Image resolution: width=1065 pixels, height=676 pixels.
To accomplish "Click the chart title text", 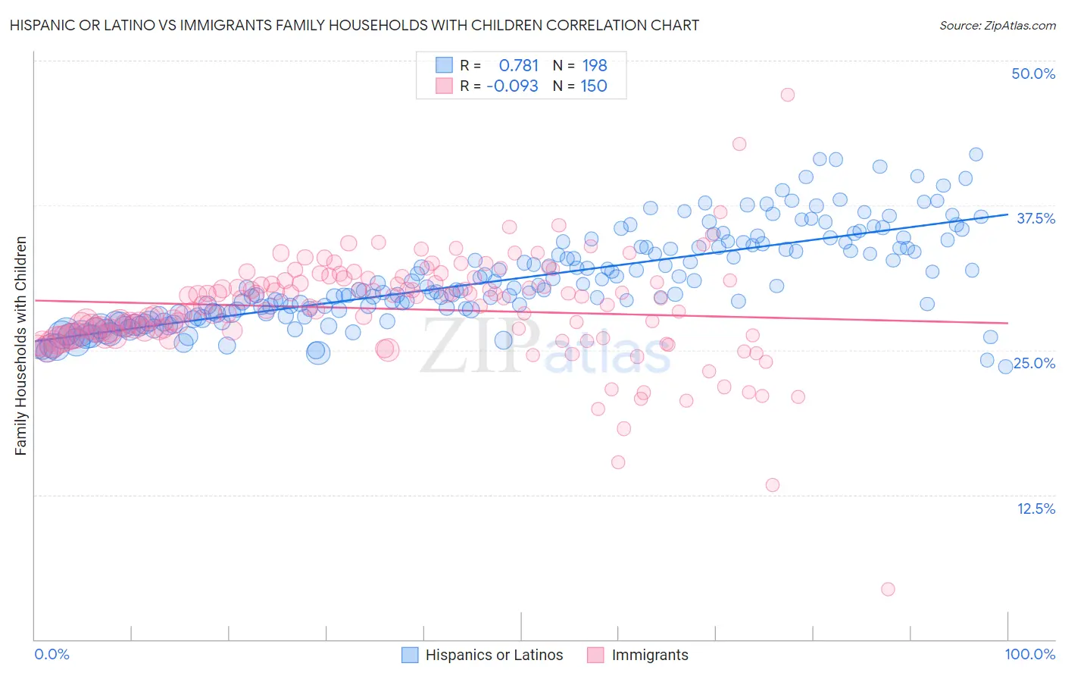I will coord(354,25).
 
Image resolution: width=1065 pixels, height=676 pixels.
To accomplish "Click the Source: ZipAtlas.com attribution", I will coord(997,25).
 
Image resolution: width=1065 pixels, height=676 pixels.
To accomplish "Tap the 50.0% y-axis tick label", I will coord(1033,74).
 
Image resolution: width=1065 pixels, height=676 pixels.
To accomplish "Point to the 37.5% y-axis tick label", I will coord(1035,218).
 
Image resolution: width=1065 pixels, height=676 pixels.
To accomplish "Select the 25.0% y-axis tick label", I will coord(1035,363).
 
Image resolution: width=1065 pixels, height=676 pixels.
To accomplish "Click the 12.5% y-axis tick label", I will coord(1035,509).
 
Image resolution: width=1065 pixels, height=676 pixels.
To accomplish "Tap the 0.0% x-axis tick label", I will coord(52,654).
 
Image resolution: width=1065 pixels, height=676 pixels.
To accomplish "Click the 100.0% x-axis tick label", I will coord(1029,654).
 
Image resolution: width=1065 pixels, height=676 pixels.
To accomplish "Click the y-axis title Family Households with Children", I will coord(21,346).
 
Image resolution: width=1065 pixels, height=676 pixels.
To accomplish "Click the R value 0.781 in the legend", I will coord(519,66).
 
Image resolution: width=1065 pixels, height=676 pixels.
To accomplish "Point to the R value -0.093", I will coord(513,86).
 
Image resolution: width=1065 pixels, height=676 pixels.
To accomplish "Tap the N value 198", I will coord(595,66).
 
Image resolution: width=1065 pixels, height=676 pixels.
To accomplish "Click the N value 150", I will coord(594,86).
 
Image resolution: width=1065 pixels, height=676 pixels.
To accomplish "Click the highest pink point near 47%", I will coord(788,95).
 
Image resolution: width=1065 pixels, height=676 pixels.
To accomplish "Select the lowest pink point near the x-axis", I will coord(888,589).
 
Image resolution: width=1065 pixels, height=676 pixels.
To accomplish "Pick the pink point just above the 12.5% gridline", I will coord(773,485).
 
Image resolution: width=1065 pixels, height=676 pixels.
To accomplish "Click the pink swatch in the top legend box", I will coord(444,86).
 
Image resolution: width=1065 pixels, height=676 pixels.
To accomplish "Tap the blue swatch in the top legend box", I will coord(444,65).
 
